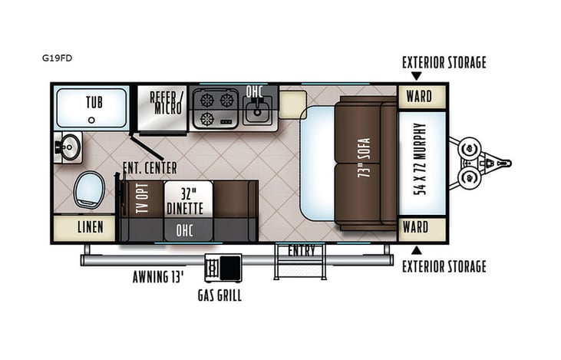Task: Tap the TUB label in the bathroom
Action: point(94,101)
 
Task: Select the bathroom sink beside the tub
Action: point(69,145)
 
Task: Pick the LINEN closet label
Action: point(84,227)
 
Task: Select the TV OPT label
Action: point(141,199)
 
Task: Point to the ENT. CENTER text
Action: point(150,167)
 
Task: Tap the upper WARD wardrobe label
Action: point(418,97)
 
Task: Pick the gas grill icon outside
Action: point(223,268)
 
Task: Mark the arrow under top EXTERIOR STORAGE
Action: point(416,76)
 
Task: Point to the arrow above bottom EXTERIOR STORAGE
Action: point(416,249)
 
